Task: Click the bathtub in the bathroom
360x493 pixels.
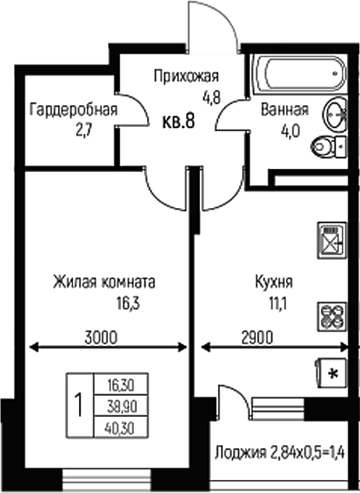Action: coord(300,74)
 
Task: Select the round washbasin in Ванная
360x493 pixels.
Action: coord(335,114)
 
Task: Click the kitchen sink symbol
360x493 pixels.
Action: coord(332,240)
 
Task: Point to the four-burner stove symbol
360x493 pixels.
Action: coord(332,317)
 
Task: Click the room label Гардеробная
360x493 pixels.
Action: coord(73,110)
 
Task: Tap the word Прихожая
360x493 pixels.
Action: coord(186,76)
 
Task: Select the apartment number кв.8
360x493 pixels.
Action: coord(178,121)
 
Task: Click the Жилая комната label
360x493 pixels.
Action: coord(104,282)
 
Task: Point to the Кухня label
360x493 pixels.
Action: coord(274,282)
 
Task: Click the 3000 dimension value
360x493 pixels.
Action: coord(101,337)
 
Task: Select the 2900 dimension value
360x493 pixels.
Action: coord(257,337)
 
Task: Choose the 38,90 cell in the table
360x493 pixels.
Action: coord(121,406)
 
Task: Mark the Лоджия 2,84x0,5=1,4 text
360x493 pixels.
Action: coord(280,453)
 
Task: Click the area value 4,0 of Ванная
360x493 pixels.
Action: coord(290,131)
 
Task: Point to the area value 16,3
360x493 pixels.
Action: coord(128,304)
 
